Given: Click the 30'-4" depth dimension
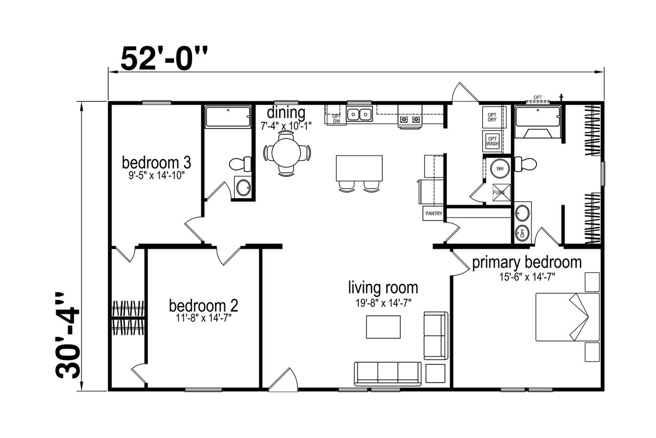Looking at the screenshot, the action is click(x=68, y=335).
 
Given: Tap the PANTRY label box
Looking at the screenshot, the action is click(x=434, y=213).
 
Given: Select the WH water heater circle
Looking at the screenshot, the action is click(x=500, y=169).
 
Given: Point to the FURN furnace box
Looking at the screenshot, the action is click(x=501, y=192).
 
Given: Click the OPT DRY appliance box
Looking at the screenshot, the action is click(x=492, y=117).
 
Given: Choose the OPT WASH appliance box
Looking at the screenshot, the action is click(x=493, y=141).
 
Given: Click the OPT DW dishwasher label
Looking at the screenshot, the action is click(x=337, y=118).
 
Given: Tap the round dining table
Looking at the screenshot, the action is click(x=286, y=153).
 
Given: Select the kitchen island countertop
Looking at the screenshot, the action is click(x=359, y=168).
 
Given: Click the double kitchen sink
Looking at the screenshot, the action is click(x=359, y=114).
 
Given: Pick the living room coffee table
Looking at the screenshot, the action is click(x=383, y=327).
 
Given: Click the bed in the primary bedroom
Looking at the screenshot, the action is click(x=567, y=317).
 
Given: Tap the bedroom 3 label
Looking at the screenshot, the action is click(x=156, y=163).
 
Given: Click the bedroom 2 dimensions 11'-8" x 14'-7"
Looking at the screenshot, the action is click(x=204, y=318).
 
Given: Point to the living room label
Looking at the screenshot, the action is click(x=383, y=288).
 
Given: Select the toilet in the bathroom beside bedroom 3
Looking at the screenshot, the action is click(x=240, y=164).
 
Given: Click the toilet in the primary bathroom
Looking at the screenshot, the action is click(x=525, y=164).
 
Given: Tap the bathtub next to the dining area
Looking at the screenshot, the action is click(x=228, y=116).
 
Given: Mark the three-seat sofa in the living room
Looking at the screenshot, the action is click(x=388, y=374).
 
